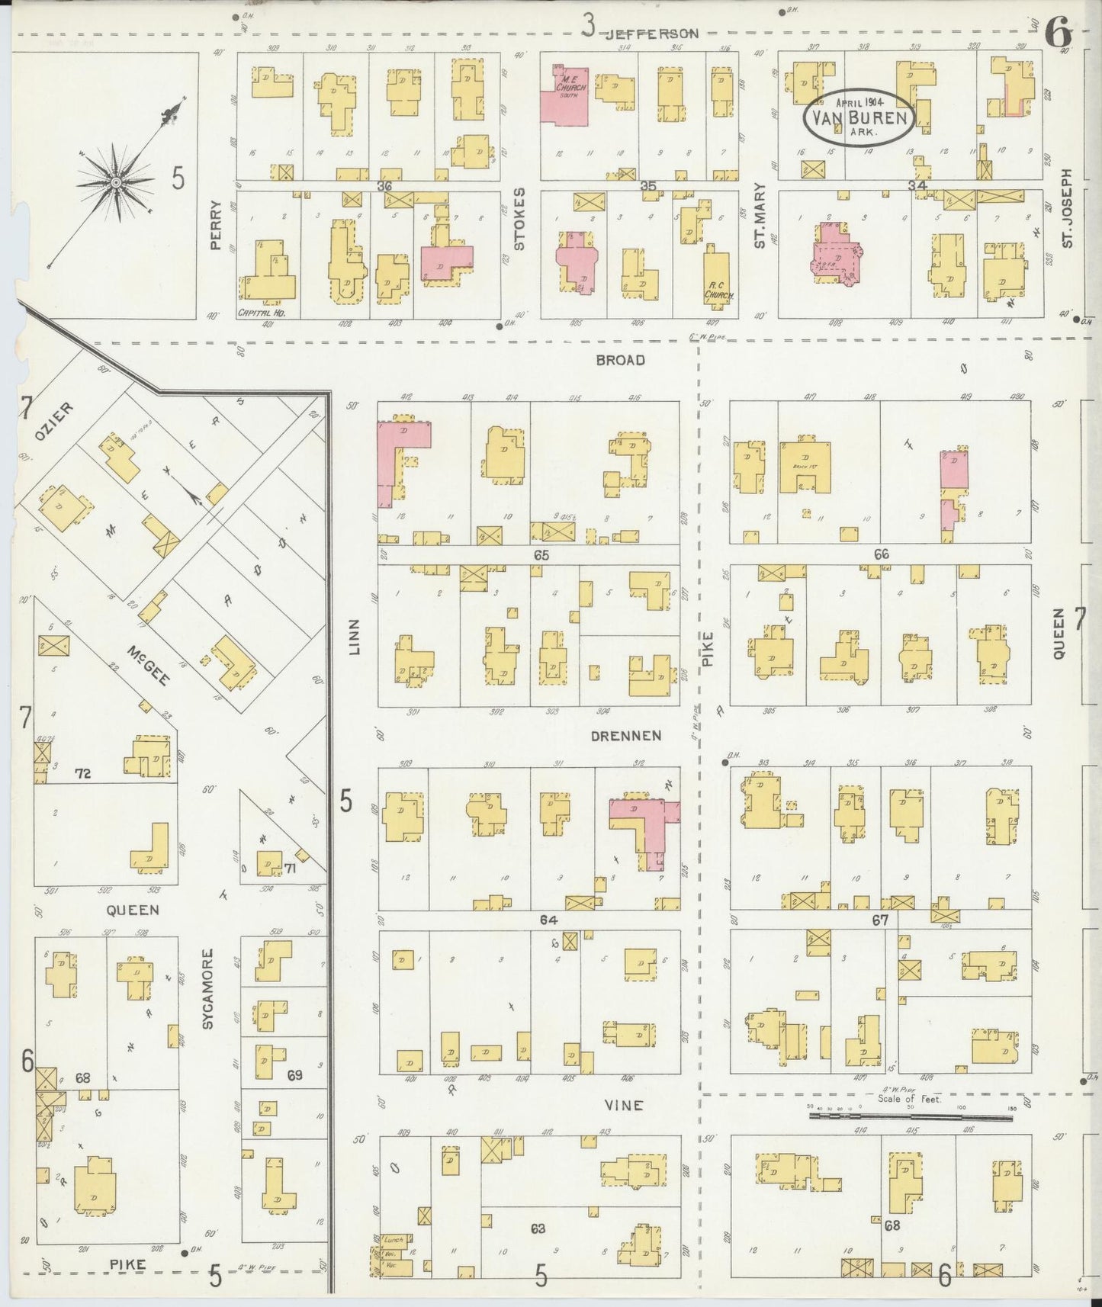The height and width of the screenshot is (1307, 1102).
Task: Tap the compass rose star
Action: (x=114, y=182)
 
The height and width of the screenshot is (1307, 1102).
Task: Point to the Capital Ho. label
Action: (x=255, y=313)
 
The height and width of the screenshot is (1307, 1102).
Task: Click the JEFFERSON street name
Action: (x=653, y=34)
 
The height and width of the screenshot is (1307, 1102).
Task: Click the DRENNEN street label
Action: (x=625, y=736)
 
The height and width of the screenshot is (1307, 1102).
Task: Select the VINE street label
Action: (x=625, y=1105)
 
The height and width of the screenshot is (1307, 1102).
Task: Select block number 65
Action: (x=541, y=556)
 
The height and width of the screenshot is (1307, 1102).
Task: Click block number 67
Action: (x=881, y=920)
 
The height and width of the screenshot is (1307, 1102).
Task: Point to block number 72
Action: (x=84, y=773)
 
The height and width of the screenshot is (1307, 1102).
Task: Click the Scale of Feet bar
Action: (x=911, y=1116)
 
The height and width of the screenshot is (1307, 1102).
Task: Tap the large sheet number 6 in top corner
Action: (x=1059, y=33)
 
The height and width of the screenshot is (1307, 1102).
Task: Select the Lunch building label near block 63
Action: (x=394, y=1239)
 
